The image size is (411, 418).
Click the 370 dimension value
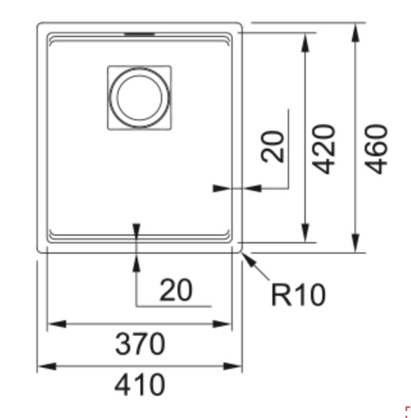[x=140, y=344]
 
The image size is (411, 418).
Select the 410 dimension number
[x=140, y=385]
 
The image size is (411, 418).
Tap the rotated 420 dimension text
[x=325, y=148]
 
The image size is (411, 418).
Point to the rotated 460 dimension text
[x=376, y=148]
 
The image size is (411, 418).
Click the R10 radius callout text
[x=297, y=295]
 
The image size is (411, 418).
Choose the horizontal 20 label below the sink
[x=176, y=291]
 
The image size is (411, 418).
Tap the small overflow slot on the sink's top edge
[x=139, y=32]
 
